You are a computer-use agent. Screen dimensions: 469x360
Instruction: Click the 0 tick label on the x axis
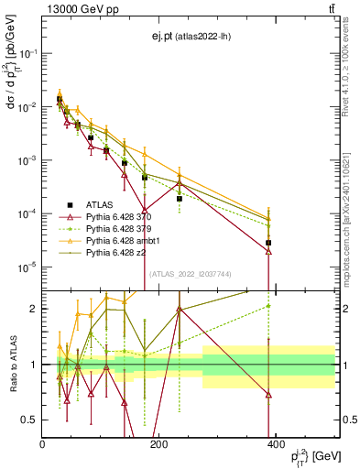click(42, 445)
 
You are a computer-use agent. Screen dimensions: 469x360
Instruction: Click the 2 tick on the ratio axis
click(35, 309)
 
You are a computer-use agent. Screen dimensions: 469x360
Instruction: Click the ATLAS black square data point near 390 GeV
click(268, 243)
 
